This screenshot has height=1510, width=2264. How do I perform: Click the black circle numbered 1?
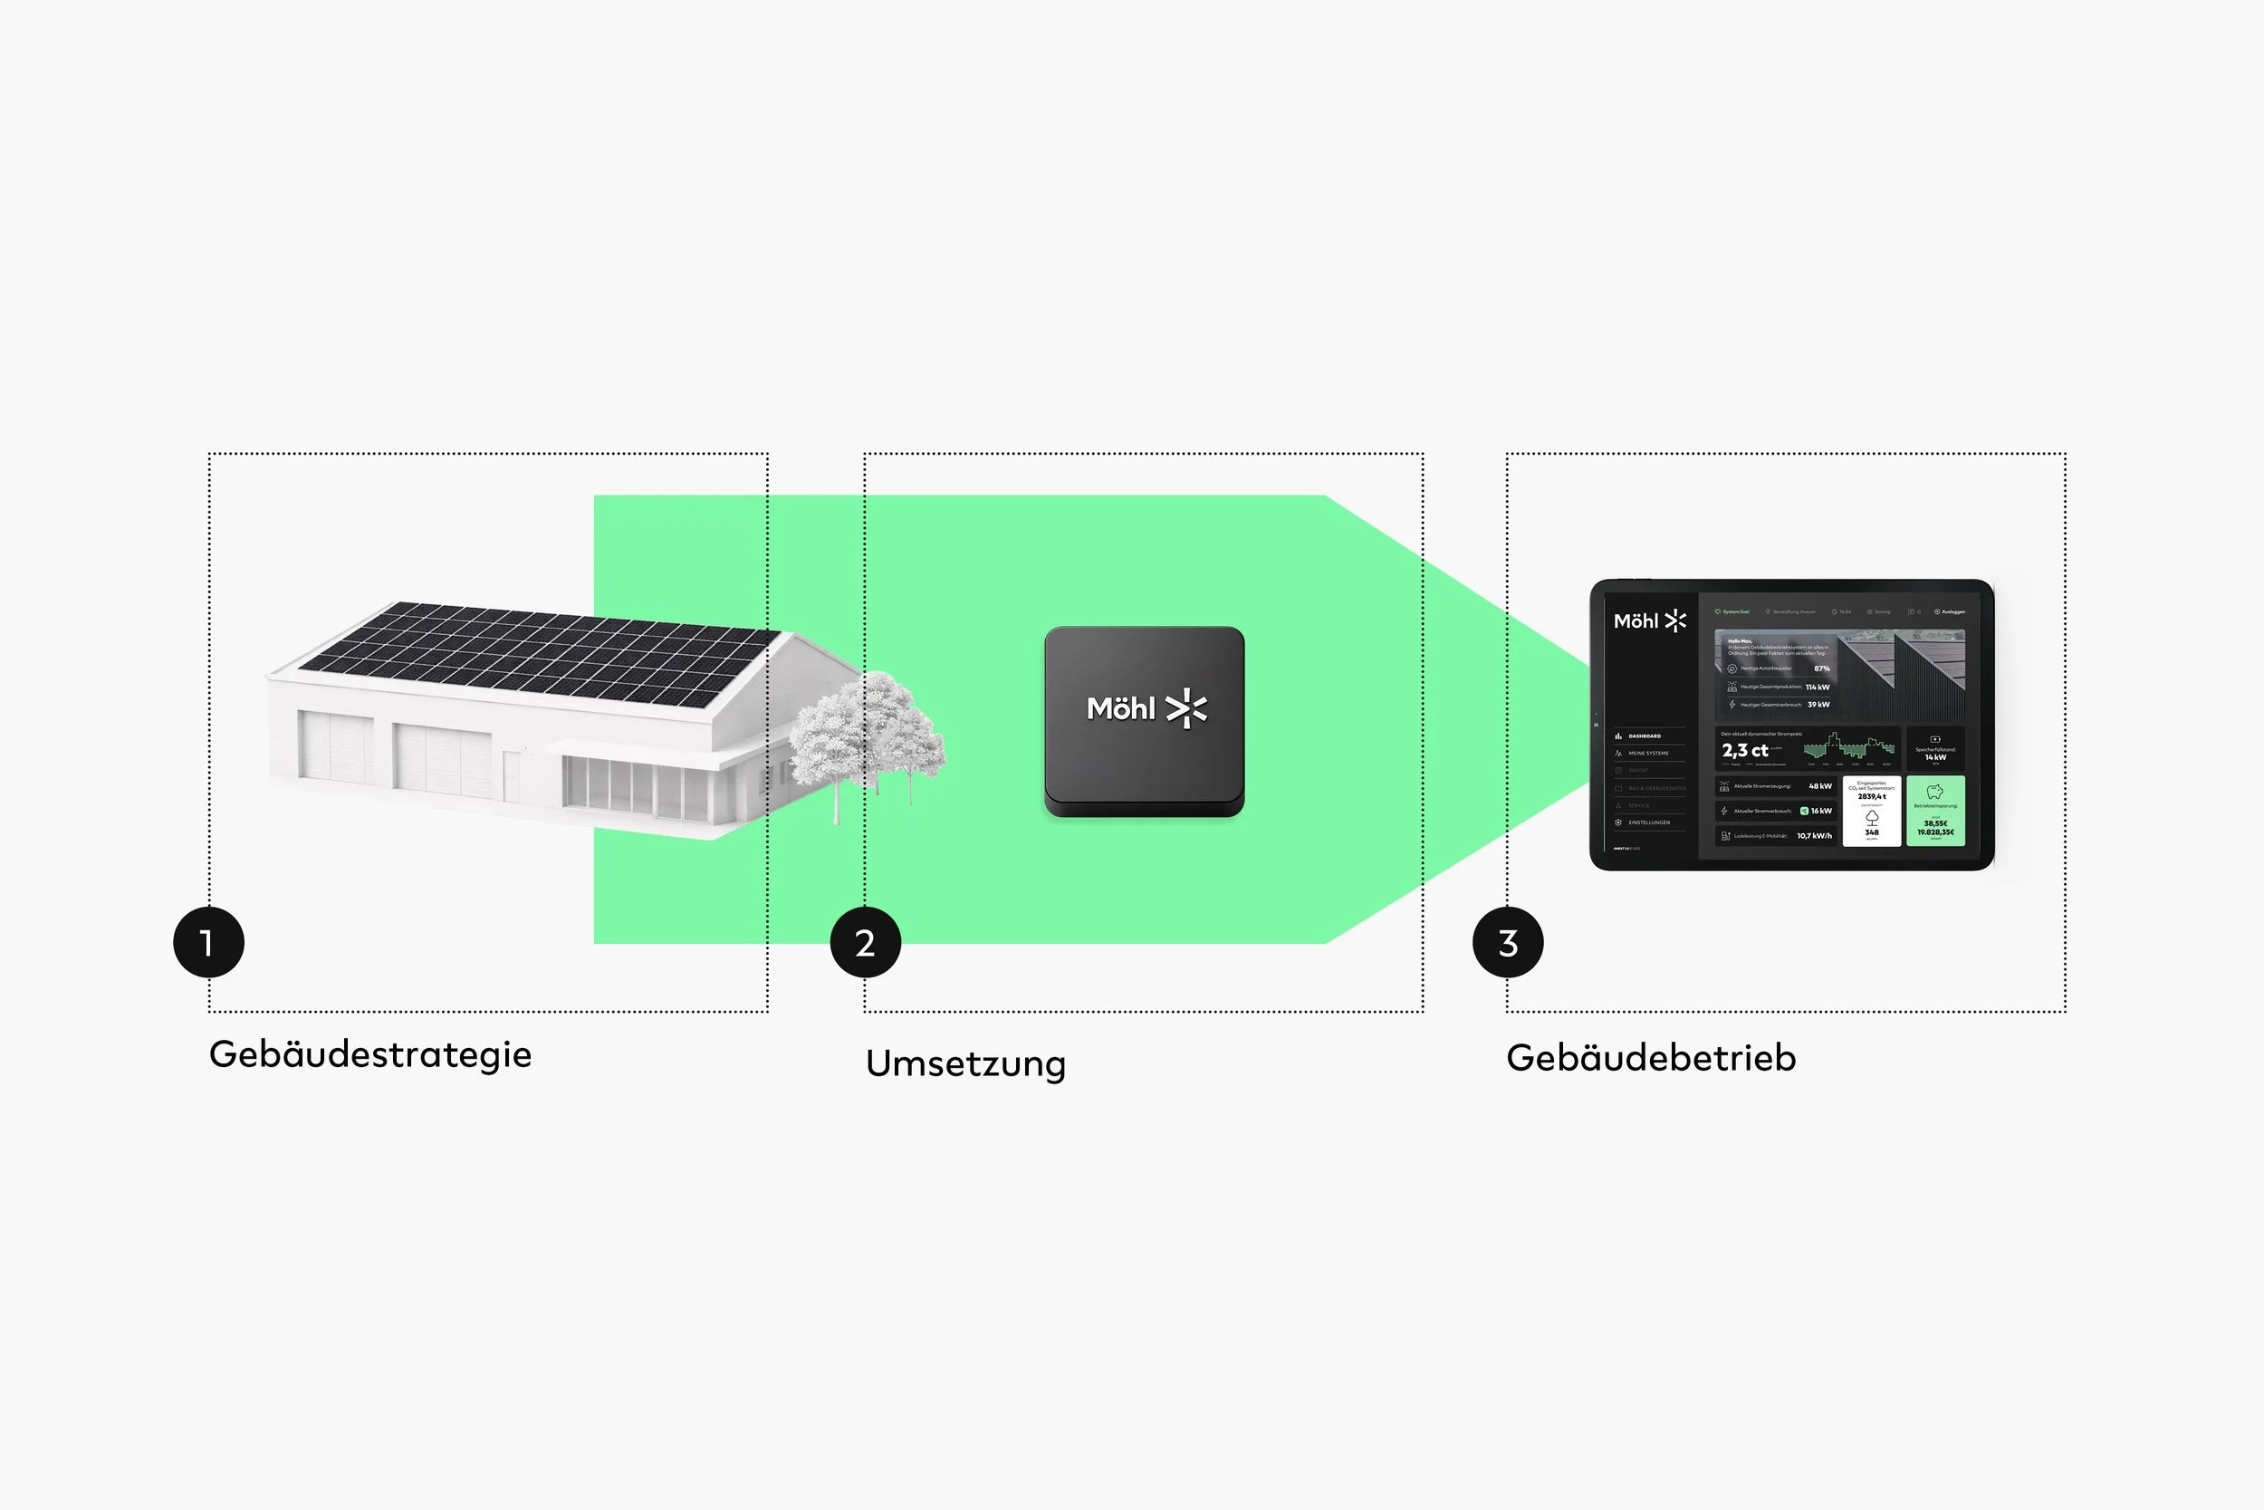(209, 942)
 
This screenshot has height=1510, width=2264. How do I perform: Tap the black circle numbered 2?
(866, 942)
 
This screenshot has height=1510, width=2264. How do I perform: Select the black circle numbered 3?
(1508, 942)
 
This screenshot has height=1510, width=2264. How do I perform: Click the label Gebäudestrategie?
(369, 1054)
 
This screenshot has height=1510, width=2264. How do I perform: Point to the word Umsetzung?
(965, 1063)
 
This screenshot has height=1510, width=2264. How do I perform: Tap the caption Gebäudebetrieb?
(1651, 1057)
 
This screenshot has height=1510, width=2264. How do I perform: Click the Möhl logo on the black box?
(1146, 708)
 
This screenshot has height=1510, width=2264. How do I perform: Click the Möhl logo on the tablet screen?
(1649, 621)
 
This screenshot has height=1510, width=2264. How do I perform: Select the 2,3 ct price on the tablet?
(1744, 750)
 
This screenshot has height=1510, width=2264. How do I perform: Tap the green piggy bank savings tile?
(1934, 811)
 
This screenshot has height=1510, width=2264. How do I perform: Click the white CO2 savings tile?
(1871, 811)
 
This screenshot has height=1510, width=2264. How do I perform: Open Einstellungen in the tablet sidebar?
(1648, 822)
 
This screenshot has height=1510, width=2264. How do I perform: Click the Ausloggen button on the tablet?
(1952, 611)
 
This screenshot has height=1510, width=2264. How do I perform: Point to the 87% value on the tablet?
(1821, 668)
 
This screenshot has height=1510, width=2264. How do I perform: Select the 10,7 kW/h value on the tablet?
(1814, 836)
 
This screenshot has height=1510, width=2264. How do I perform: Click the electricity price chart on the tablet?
(1847, 747)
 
